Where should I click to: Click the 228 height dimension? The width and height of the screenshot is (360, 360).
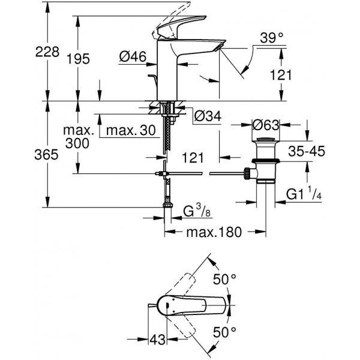click(47, 52)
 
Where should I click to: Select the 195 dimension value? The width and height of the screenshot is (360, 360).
click(78, 59)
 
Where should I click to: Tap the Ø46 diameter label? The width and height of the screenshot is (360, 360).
click(133, 56)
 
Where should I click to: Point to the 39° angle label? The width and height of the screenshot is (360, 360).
click(272, 38)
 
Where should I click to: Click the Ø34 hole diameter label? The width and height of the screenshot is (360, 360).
click(208, 116)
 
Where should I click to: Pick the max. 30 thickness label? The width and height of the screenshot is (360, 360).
click(131, 130)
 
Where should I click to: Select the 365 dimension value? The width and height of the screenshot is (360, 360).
click(46, 155)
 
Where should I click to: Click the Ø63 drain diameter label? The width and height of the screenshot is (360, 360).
click(266, 125)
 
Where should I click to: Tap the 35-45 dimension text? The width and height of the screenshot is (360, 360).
click(307, 152)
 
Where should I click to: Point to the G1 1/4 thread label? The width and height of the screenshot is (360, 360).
click(304, 194)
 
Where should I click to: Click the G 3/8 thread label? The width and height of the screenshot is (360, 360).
click(197, 211)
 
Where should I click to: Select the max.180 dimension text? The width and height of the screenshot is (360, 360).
click(214, 232)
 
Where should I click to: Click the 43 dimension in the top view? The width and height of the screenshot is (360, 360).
click(157, 340)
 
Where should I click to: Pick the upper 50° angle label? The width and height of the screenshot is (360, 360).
click(224, 280)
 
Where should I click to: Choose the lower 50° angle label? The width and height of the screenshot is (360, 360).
click(224, 332)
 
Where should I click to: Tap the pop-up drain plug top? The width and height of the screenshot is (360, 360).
click(265, 139)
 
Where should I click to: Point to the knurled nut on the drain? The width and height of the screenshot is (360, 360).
click(247, 173)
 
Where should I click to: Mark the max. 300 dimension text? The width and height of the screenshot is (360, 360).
click(79, 137)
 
